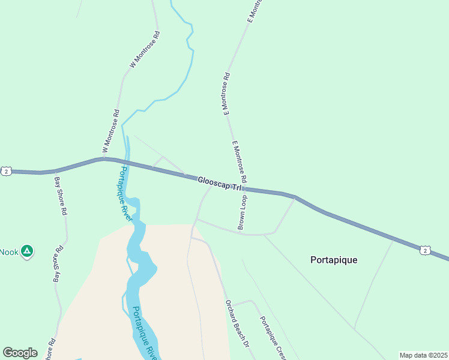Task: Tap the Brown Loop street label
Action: pyautogui.click(x=243, y=212)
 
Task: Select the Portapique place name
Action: pyautogui.click(x=334, y=260)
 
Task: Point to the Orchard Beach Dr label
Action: pyautogui.click(x=237, y=323)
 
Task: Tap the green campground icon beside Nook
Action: pyautogui.click(x=26, y=251)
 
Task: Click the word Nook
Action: pyautogui.click(x=9, y=252)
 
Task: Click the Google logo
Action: pyautogui.click(x=20, y=353)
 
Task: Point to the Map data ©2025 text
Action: pyautogui.click(x=423, y=355)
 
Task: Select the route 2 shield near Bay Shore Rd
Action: pyautogui.click(x=5, y=171)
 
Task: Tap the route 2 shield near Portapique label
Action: pyautogui.click(x=425, y=250)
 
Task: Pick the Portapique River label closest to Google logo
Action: pyautogui.click(x=143, y=333)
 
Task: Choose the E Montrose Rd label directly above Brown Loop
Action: pyautogui.click(x=238, y=161)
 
